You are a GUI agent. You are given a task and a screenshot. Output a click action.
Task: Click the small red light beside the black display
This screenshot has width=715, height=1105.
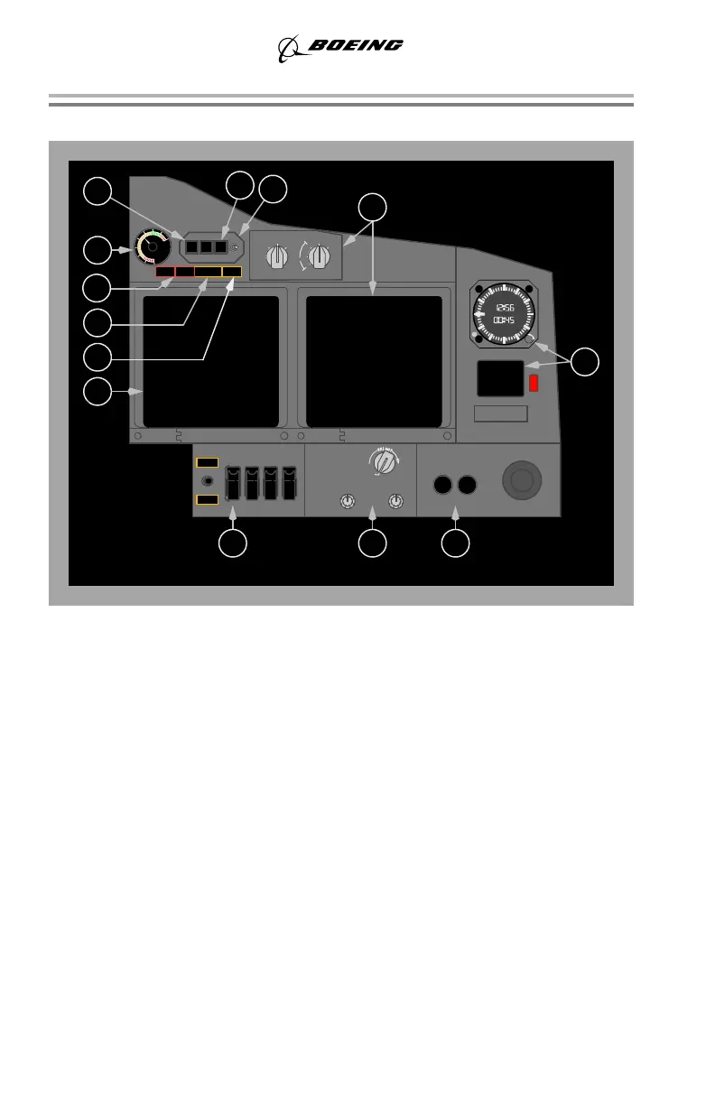click(534, 383)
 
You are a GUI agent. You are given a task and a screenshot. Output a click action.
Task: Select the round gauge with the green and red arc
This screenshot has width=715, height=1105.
click(153, 246)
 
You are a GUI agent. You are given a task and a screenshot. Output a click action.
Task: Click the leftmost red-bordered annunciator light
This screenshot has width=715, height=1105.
click(164, 271)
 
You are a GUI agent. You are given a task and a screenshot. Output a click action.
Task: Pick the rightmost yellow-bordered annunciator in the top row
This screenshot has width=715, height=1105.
click(232, 271)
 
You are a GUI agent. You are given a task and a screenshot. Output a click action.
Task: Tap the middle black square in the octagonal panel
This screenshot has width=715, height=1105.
click(206, 246)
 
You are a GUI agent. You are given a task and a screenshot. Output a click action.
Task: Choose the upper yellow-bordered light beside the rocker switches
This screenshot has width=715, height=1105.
click(206, 463)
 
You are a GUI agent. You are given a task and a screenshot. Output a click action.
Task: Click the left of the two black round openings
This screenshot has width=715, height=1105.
click(442, 485)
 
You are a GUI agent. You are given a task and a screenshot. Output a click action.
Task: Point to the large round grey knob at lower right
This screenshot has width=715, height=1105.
click(521, 481)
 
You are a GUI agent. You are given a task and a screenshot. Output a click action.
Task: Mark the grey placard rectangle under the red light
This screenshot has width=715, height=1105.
click(501, 413)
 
